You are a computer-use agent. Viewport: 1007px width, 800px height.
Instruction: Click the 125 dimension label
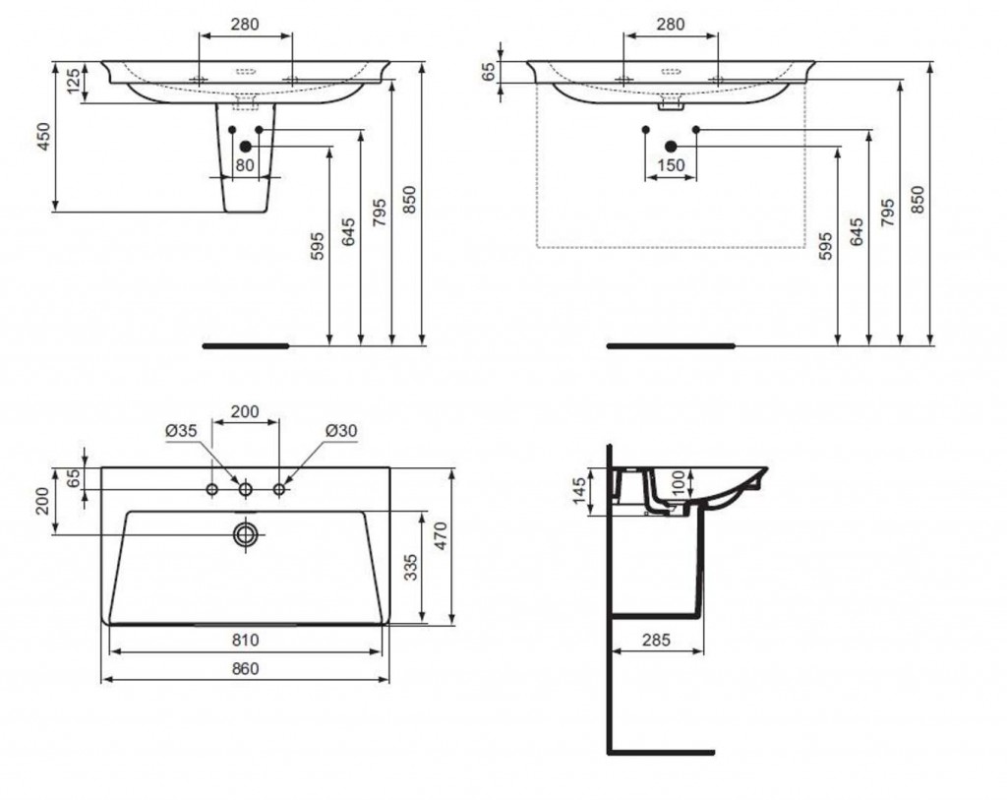tap(74, 81)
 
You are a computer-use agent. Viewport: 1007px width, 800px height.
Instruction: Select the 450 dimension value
tap(43, 136)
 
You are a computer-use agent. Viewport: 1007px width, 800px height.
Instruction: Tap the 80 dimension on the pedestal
tap(245, 165)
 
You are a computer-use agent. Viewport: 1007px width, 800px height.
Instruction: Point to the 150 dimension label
tap(671, 165)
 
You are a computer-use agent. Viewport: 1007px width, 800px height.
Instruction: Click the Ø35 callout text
tap(181, 431)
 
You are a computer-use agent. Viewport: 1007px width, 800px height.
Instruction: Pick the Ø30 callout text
tap(341, 431)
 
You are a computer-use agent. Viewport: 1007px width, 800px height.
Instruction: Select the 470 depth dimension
tap(441, 535)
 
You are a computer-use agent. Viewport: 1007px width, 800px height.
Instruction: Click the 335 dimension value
tap(411, 567)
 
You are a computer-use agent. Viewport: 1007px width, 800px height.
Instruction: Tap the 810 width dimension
tap(245, 640)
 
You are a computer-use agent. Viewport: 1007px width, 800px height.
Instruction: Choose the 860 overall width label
tap(245, 669)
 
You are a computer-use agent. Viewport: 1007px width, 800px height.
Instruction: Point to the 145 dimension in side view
tap(579, 491)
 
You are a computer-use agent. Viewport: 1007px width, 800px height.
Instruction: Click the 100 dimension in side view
tap(679, 483)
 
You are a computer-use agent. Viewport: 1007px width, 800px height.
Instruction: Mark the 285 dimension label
tap(656, 640)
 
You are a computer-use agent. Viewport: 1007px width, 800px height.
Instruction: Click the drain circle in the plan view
tap(245, 534)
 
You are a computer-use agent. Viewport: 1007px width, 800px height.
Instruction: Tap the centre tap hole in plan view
tap(245, 490)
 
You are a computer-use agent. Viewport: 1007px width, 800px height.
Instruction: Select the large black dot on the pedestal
tap(245, 147)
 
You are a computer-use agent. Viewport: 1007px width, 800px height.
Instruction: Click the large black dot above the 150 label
tap(671, 147)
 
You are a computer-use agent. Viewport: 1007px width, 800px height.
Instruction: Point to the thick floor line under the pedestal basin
tap(246, 345)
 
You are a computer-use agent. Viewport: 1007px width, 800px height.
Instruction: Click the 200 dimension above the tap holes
tap(245, 411)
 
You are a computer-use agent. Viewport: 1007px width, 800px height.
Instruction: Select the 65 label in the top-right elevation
tap(490, 72)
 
